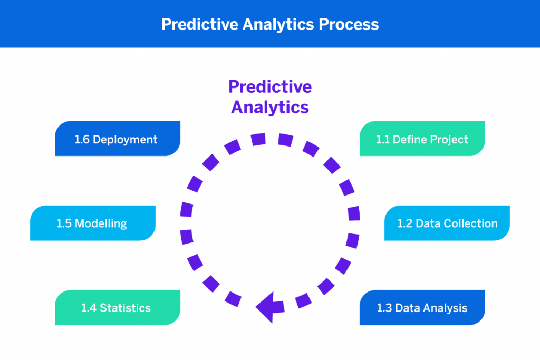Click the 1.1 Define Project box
(x=422, y=139)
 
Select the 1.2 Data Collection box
(x=447, y=223)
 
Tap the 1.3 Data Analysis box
(x=422, y=307)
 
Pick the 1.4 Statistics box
(x=117, y=307)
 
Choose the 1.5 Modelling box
(x=93, y=223)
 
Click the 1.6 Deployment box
(x=117, y=139)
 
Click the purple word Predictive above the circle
(x=269, y=86)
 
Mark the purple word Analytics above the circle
(x=269, y=107)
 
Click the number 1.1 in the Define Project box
(x=383, y=140)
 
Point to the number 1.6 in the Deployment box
(x=82, y=140)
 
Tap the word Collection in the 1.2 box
(x=470, y=223)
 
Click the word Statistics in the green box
(x=125, y=308)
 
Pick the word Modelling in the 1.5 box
(x=101, y=223)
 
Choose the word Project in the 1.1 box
(x=449, y=140)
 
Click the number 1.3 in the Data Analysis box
(x=384, y=308)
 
